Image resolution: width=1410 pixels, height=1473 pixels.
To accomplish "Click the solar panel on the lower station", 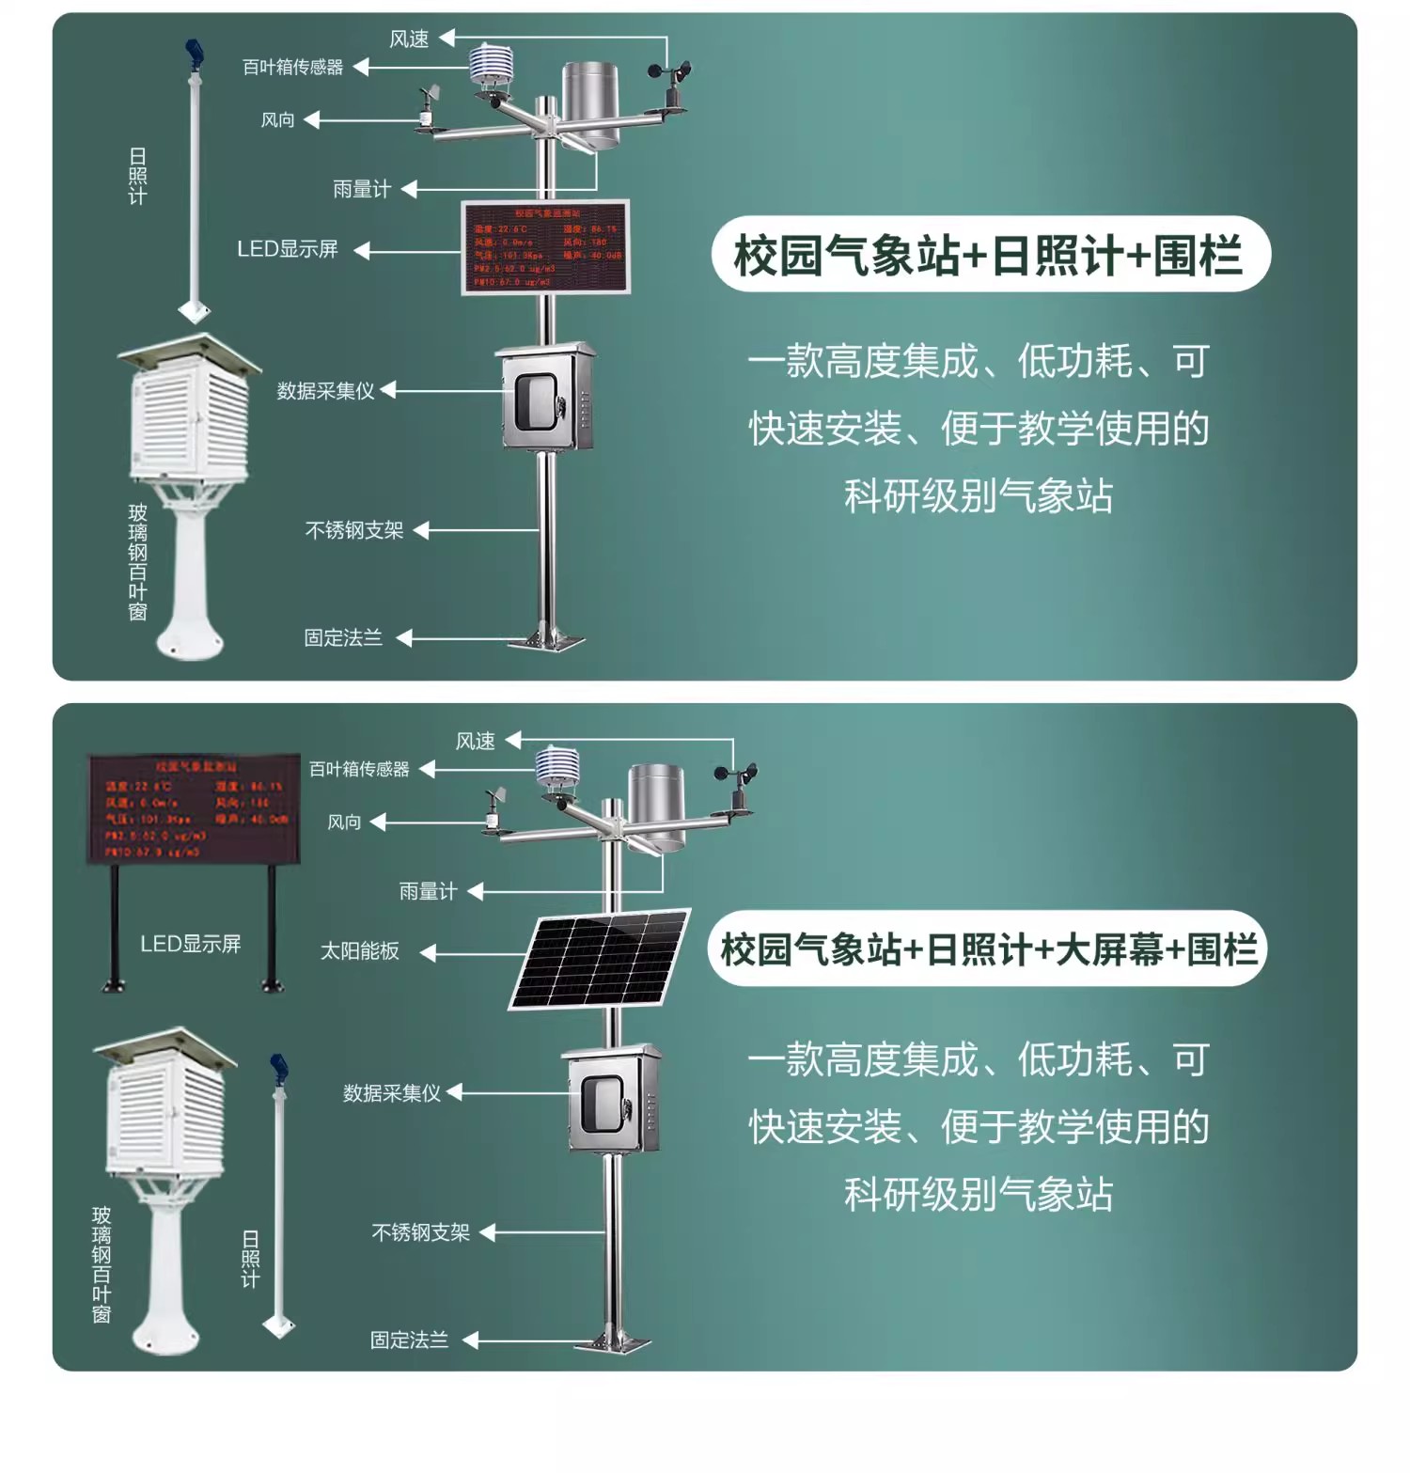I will tap(600, 958).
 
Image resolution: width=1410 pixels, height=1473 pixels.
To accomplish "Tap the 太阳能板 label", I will tap(360, 951).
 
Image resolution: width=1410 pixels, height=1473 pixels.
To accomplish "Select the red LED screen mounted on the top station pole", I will tap(545, 247).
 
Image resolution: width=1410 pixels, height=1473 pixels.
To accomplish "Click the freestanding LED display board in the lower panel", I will tap(194, 808).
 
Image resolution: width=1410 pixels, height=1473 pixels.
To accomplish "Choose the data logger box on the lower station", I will tap(613, 1099).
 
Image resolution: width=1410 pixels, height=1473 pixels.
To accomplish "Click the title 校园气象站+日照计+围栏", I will tap(989, 255).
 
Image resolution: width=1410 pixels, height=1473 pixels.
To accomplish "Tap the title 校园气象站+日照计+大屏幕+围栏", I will tap(988, 949).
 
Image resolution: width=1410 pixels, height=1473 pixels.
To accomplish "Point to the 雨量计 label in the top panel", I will tap(362, 190).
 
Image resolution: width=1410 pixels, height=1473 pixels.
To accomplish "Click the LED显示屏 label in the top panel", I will tap(288, 249).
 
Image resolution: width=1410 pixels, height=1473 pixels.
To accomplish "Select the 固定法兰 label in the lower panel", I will tap(409, 1340).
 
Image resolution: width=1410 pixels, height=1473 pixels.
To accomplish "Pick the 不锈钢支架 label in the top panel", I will tap(354, 531).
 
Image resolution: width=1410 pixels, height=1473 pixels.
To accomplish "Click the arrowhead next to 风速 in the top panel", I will tap(447, 38).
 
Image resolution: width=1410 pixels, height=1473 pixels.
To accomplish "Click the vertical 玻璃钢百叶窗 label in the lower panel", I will tap(102, 1264).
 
